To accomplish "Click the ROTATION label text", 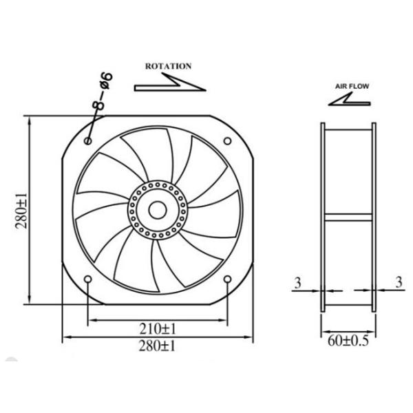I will (x=168, y=67).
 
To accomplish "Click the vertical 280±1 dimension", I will (x=20, y=211).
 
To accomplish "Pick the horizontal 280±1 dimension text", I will (x=158, y=346).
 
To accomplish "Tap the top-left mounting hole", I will (x=87, y=140).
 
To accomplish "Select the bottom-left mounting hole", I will (x=87, y=279).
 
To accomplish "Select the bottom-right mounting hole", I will (x=228, y=279).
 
